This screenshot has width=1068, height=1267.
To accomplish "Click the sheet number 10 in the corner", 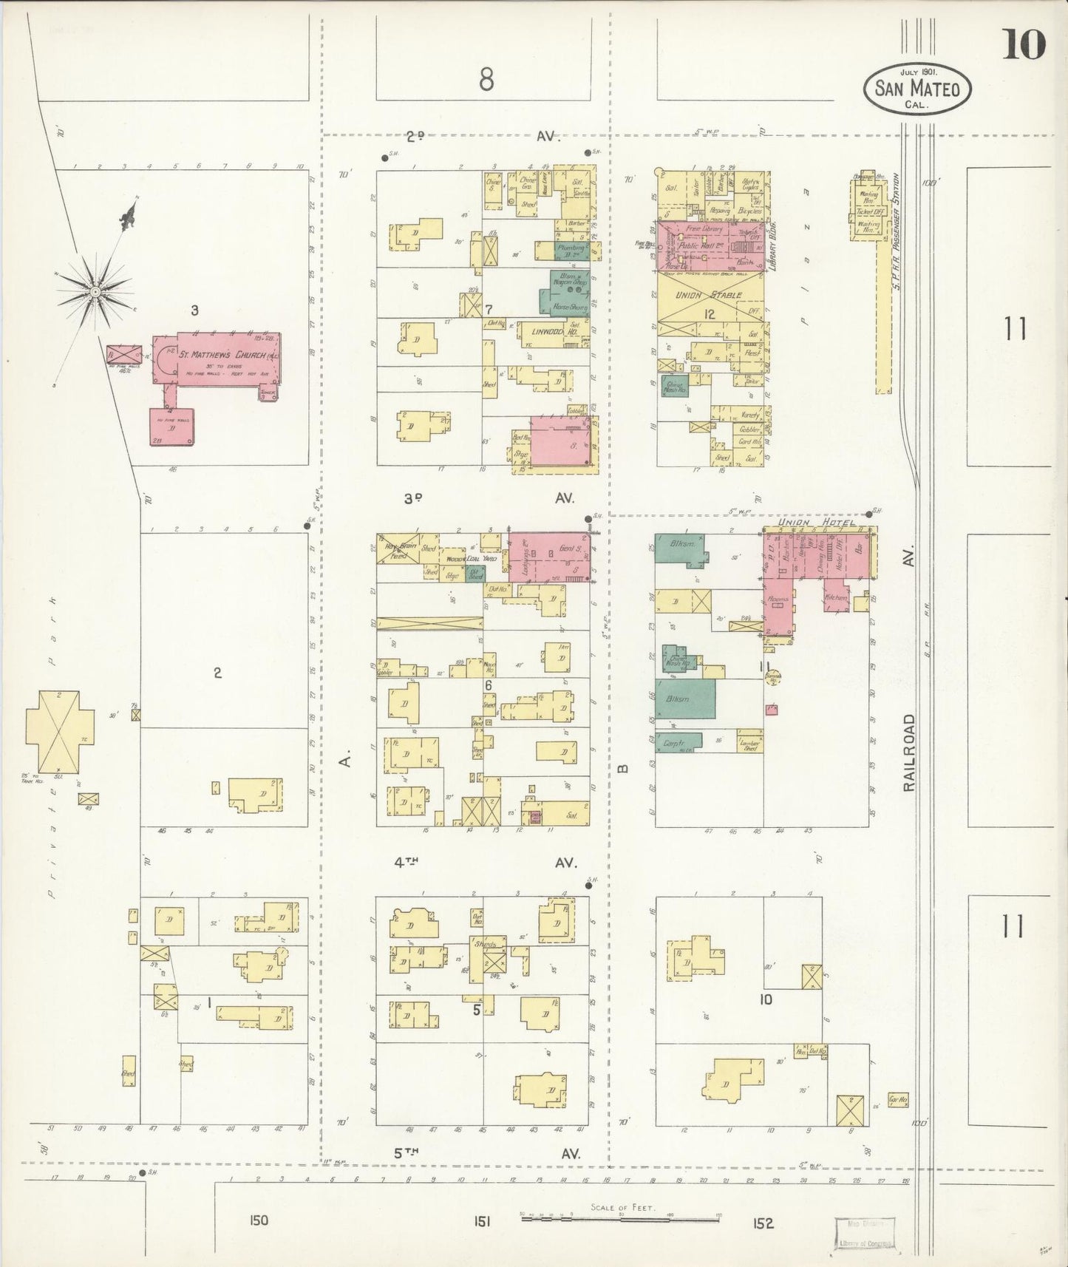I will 1024,45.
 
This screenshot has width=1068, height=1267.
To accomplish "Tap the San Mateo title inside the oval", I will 917,89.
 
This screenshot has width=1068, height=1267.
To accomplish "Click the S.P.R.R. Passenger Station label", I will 894,210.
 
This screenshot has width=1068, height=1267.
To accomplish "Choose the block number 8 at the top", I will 486,78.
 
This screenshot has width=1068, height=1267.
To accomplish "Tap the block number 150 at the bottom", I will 258,1222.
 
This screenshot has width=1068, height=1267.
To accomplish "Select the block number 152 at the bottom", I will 763,1223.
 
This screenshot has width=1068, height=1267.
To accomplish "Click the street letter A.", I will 344,758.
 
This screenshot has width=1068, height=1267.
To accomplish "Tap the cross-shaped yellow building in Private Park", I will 60,730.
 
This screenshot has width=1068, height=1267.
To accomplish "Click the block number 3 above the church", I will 194,310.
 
